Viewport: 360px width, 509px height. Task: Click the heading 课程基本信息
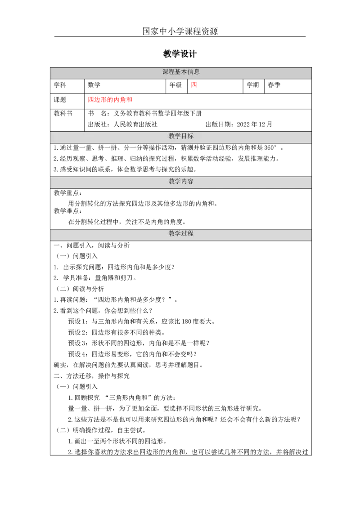[x=181, y=72]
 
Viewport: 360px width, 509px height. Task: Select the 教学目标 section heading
[x=181, y=136]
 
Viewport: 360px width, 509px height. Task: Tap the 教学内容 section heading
[x=181, y=182]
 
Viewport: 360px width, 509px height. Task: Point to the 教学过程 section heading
[x=181, y=234]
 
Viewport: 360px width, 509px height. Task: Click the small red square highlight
[x=194, y=85]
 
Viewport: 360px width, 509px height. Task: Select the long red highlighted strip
[x=110, y=100]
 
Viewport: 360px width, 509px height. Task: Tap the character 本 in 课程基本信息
[x=184, y=72]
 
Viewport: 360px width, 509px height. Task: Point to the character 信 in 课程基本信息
[x=191, y=72]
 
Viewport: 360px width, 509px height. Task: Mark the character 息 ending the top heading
[x=197, y=72]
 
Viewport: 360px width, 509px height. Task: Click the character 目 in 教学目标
[x=184, y=136]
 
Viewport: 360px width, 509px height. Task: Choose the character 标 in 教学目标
[x=191, y=136]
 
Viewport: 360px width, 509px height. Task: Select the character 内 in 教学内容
[x=184, y=182]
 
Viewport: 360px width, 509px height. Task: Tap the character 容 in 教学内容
[x=191, y=182]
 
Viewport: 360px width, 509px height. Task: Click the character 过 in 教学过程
[x=184, y=234]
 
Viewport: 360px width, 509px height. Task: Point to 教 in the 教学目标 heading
[x=172, y=136]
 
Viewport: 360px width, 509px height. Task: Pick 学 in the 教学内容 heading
[x=178, y=182]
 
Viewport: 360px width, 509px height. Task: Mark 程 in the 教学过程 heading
[x=191, y=234]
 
